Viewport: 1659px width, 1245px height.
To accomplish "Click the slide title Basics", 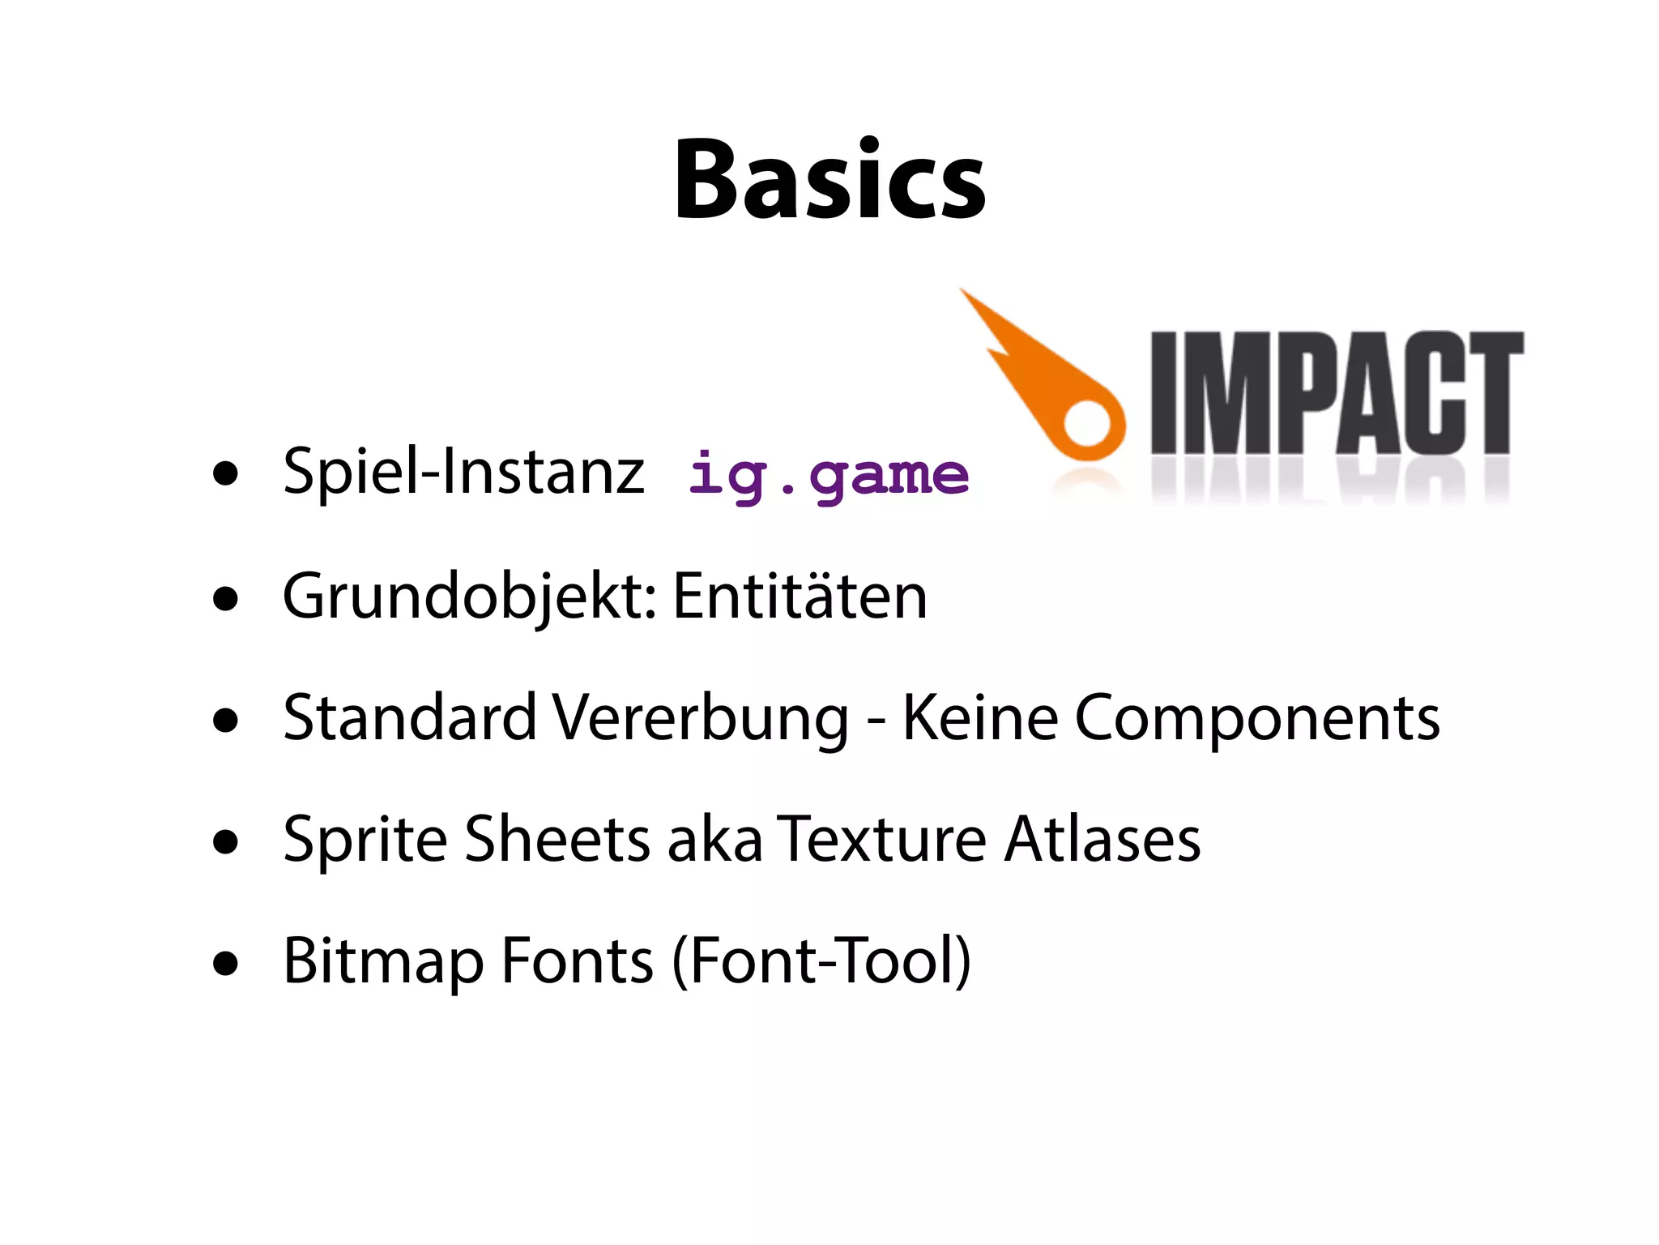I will click(829, 179).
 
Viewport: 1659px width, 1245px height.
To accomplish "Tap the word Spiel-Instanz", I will click(463, 471).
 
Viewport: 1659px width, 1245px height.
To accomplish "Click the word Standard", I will click(409, 718).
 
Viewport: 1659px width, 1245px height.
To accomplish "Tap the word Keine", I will click(979, 718).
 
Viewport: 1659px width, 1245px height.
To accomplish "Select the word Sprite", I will click(365, 840).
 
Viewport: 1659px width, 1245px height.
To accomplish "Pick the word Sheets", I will click(557, 838).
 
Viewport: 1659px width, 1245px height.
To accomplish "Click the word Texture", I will click(881, 838).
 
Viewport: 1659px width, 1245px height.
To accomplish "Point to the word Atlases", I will click(1102, 838).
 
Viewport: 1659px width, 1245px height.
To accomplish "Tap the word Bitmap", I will click(382, 961).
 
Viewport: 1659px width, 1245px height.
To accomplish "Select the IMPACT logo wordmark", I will click(1337, 393).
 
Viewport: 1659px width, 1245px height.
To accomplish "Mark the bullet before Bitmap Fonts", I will click(226, 964).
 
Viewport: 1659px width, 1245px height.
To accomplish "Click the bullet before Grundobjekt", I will click(226, 599).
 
